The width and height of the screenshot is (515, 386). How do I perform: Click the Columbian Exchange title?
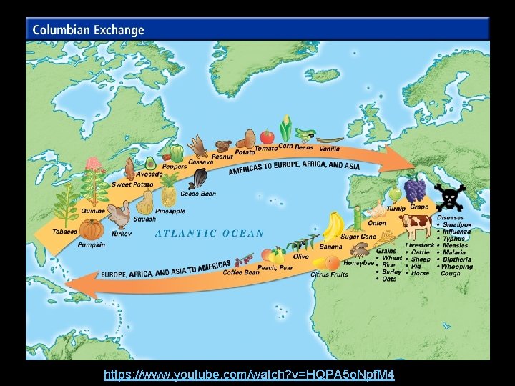click(87, 30)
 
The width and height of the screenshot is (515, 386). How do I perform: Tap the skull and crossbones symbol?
click(451, 197)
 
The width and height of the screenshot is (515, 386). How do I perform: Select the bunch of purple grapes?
click(415, 189)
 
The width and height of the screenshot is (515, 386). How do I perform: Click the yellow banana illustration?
click(333, 227)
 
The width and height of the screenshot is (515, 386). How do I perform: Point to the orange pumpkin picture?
click(92, 229)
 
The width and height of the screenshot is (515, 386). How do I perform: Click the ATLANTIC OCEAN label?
click(210, 233)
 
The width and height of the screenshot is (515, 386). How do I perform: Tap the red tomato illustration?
click(267, 136)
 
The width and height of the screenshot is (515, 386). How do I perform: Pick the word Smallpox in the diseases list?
click(457, 224)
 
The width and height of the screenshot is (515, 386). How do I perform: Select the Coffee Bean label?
click(241, 272)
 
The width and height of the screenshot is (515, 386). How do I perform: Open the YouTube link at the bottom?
click(249, 375)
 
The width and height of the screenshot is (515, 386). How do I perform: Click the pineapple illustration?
click(169, 191)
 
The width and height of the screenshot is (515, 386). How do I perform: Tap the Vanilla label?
click(329, 148)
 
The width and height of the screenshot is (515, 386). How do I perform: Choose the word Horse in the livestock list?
click(421, 272)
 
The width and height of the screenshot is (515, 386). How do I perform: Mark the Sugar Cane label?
click(358, 236)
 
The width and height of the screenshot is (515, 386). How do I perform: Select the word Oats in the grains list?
click(389, 279)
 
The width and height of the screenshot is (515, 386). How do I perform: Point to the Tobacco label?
click(65, 232)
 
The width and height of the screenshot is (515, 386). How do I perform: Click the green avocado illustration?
click(151, 164)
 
